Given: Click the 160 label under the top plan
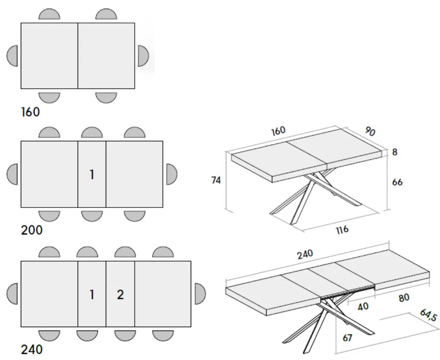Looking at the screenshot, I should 30,112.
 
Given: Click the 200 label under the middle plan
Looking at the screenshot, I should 32,230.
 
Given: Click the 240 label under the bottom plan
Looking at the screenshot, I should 32,349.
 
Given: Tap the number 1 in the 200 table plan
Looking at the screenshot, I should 92,175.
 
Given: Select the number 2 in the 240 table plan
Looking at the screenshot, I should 120,295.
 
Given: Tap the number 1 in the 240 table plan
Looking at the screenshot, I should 92,295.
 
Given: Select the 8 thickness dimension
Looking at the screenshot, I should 394,152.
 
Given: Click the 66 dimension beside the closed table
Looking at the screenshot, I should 397,182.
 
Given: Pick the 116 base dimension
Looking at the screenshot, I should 342,230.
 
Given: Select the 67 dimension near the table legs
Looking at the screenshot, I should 347,337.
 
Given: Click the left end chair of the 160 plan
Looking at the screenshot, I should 13,56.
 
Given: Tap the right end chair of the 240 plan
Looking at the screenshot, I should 200,294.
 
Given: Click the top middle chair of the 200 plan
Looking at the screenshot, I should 92,133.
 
